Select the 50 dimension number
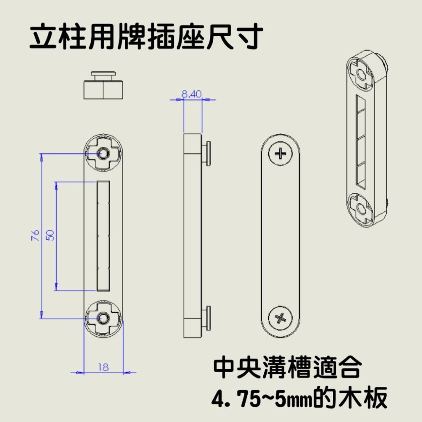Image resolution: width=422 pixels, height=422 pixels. pyautogui.click(x=50, y=235)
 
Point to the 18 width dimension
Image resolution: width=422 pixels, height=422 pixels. pyautogui.click(x=103, y=367)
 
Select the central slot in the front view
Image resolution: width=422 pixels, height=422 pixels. pyautogui.click(x=103, y=236)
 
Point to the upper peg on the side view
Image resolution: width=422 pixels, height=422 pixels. pyautogui.click(x=207, y=152)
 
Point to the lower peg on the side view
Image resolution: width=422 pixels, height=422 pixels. pyautogui.click(x=207, y=317)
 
